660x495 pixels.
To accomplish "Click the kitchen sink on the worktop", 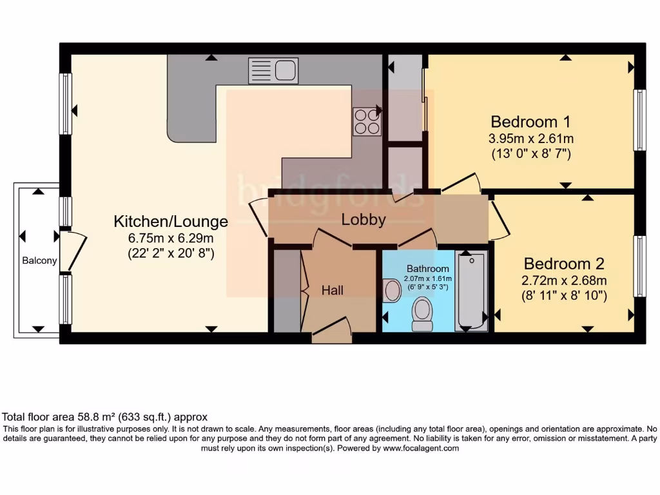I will coord(273,70).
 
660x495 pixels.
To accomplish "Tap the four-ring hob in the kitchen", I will coord(367,121).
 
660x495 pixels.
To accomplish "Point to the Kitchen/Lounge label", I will coord(171,222).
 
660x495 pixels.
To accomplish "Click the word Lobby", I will coord(364,219).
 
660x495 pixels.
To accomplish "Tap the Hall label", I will coord(333,291).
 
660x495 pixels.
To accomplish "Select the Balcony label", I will coord(39,261).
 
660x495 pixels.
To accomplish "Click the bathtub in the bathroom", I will coord(471,291).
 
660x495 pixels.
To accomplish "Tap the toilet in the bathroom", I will coord(423,313).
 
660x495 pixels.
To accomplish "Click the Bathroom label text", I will coord(427,269).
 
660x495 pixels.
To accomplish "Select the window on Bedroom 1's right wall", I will coord(639,120).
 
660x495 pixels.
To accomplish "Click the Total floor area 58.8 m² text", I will coord(105,417).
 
